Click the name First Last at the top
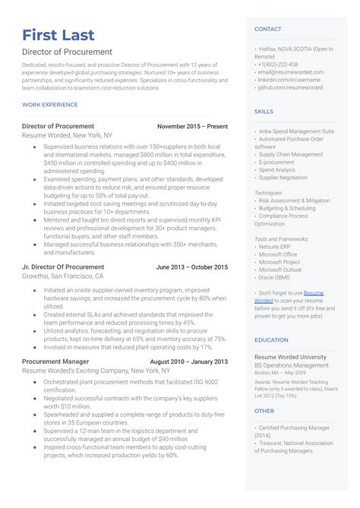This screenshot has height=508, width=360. (x=58, y=35)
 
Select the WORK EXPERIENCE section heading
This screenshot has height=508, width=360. (x=50, y=104)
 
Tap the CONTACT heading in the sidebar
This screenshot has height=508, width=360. (x=267, y=29)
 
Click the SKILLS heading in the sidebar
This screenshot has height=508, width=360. (x=264, y=112)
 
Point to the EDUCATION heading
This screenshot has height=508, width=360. (x=271, y=339)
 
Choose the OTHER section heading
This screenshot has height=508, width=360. (x=264, y=410)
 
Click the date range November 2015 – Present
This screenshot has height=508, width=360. (x=192, y=126)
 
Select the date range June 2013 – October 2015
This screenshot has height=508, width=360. (x=191, y=267)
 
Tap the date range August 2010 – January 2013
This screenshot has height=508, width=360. (x=188, y=361)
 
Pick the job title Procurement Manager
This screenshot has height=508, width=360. (x=55, y=361)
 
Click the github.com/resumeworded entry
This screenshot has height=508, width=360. (x=289, y=87)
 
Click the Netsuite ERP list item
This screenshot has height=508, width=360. (x=277, y=247)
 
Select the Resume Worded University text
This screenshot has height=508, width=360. (x=291, y=356)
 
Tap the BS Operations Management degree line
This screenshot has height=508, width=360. (x=292, y=365)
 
